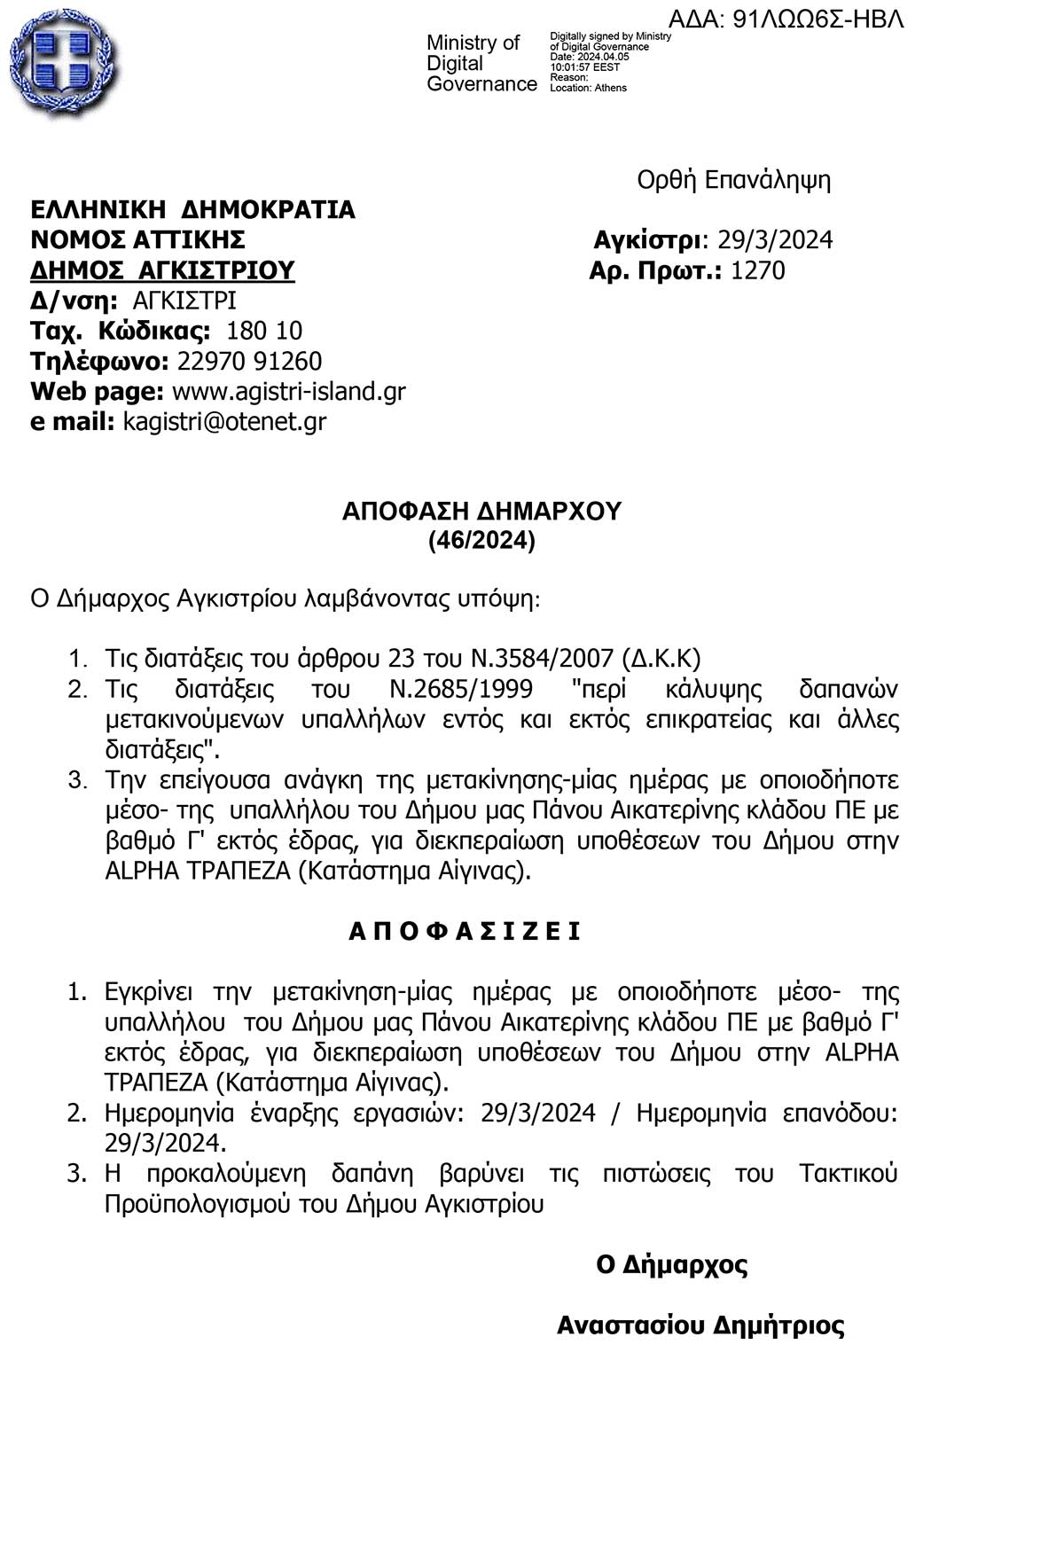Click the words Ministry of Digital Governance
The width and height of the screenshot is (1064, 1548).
(481, 64)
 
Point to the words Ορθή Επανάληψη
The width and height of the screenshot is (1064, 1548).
(733, 180)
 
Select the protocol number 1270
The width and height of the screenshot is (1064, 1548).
(757, 270)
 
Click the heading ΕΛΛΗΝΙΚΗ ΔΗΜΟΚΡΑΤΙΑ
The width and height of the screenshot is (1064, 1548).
(192, 210)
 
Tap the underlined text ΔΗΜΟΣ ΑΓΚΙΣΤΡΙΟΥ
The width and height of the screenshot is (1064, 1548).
(162, 270)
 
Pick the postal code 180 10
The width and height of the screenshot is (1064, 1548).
(264, 331)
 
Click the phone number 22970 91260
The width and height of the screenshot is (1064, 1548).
(249, 361)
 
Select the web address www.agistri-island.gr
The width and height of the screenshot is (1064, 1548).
(288, 391)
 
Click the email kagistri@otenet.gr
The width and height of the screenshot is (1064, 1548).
(224, 421)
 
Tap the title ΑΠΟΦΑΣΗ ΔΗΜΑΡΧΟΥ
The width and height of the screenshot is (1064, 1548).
(481, 511)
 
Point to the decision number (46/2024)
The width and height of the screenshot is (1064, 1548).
(481, 540)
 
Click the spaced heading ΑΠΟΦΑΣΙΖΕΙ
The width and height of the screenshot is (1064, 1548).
(465, 932)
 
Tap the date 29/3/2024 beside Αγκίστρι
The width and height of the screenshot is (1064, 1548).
(775, 240)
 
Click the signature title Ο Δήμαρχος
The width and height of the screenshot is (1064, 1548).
(671, 1264)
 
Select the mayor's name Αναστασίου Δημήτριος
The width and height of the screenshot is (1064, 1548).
(700, 1325)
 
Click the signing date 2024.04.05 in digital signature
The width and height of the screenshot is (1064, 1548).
(602, 57)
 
